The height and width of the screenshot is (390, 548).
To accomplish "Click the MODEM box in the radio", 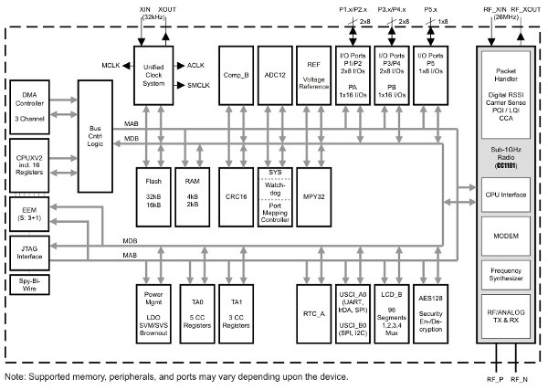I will click(x=504, y=234).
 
